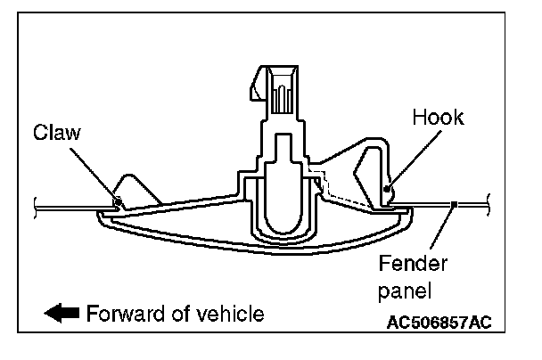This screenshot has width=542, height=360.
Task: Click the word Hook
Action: click(x=439, y=117)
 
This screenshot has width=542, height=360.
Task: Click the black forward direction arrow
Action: click(x=62, y=314)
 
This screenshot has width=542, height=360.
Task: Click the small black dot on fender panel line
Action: click(x=455, y=206)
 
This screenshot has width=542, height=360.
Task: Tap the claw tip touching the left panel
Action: click(x=117, y=200)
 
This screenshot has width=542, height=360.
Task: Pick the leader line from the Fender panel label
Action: click(x=443, y=231)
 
